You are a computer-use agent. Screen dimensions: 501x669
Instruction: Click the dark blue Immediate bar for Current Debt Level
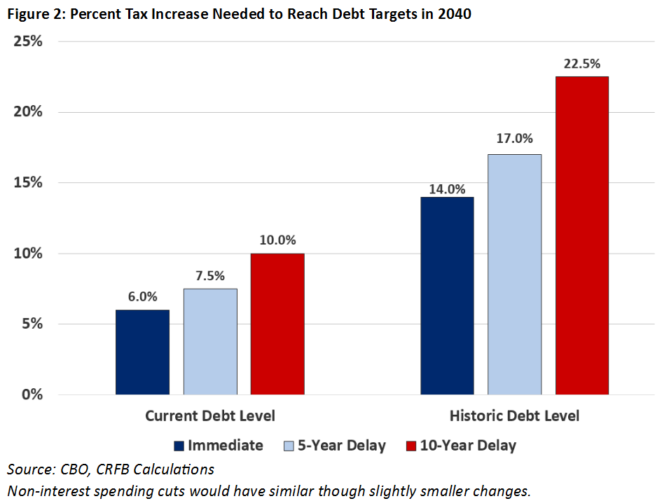click(142, 352)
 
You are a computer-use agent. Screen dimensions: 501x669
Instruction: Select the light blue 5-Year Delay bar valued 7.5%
click(209, 341)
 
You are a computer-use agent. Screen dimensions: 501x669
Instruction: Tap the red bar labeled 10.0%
click(277, 324)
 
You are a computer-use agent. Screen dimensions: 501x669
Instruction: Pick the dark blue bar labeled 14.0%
click(447, 296)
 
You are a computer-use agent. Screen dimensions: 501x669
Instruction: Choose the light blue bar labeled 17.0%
click(514, 274)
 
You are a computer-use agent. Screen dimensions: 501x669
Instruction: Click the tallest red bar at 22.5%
click(581, 235)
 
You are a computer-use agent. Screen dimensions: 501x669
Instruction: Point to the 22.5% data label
click(581, 64)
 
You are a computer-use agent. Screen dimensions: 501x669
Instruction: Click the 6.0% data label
click(142, 296)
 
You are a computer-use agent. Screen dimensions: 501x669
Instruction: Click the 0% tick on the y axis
click(32, 394)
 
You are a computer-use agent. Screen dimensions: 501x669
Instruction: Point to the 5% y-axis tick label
click(32, 324)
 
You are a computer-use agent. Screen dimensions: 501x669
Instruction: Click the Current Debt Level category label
click(210, 416)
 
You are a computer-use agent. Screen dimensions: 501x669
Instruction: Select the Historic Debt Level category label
click(514, 416)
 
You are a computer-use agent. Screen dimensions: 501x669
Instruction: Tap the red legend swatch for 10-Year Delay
click(411, 446)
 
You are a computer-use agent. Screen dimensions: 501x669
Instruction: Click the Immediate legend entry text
click(226, 446)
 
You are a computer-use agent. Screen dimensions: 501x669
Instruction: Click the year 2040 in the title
click(455, 15)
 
